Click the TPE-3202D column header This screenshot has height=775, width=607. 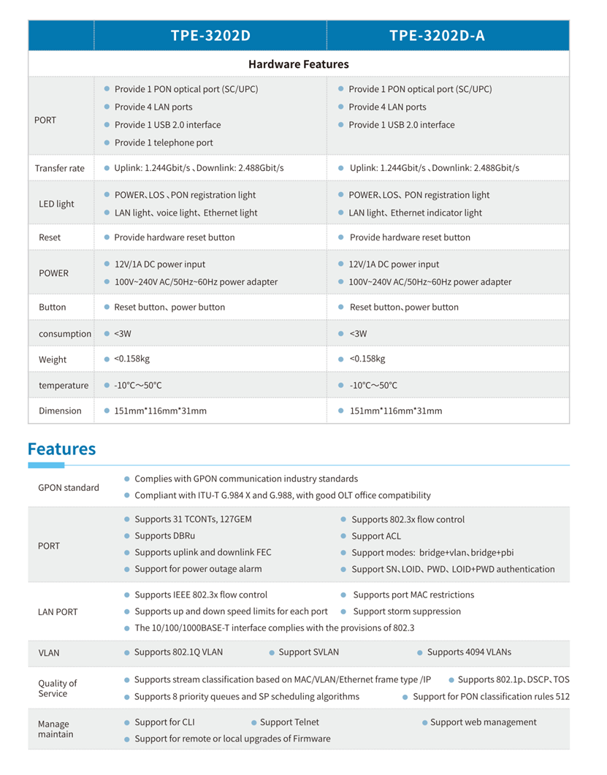(x=210, y=36)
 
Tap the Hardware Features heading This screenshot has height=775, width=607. (x=298, y=64)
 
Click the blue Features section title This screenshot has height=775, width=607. (x=61, y=448)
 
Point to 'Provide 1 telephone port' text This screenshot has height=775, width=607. (x=164, y=142)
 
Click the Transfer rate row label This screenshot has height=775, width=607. (x=59, y=168)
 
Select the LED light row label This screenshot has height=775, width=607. (x=56, y=204)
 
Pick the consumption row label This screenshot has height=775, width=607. (x=64, y=334)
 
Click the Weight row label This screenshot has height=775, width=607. (x=53, y=359)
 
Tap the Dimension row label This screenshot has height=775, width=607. (x=60, y=411)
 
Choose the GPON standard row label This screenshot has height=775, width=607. (x=68, y=487)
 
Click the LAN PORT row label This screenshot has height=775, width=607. (x=58, y=611)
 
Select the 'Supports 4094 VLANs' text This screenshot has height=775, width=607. (x=469, y=652)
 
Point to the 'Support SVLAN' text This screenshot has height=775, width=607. (x=308, y=652)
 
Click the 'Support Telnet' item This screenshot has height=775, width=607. (x=289, y=722)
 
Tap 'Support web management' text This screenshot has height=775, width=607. (x=483, y=722)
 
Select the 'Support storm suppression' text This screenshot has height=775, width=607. (x=407, y=611)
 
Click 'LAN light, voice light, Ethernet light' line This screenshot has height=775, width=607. (x=186, y=213)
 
